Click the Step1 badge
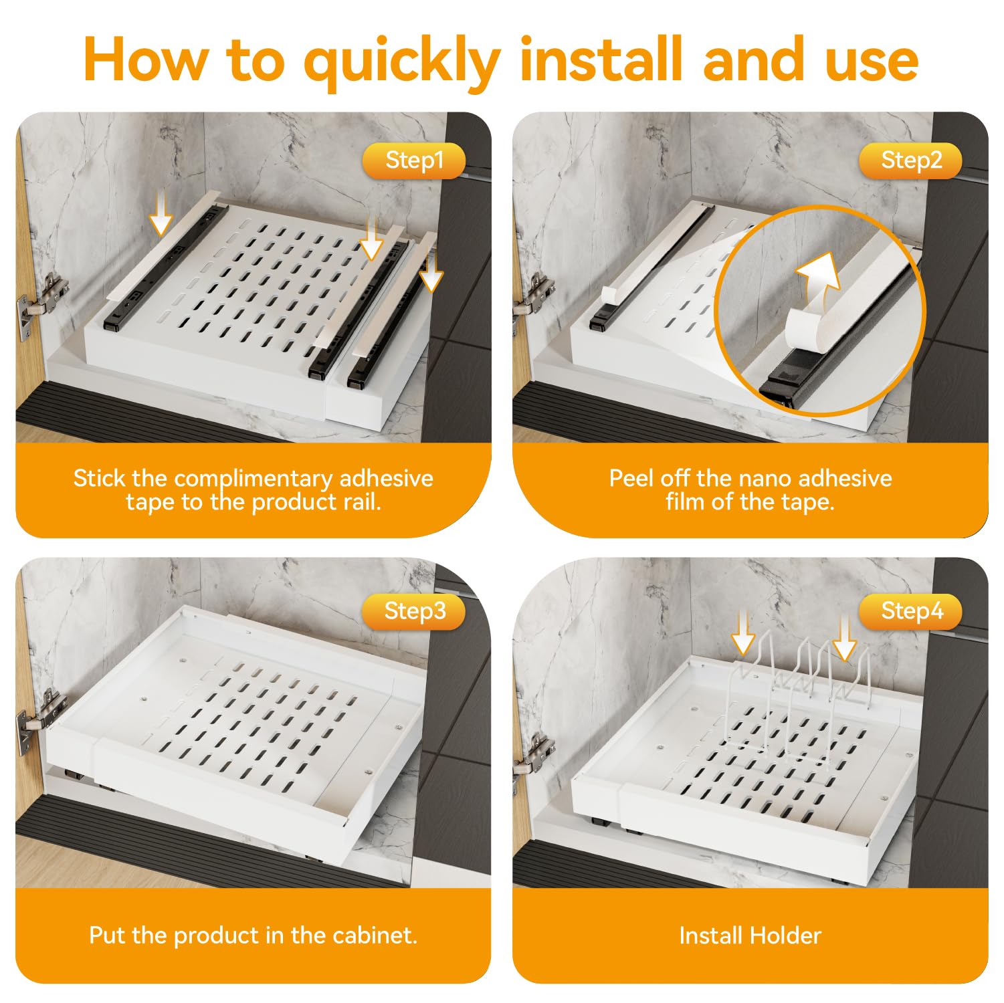tap(414, 160)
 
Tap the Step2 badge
tap(911, 160)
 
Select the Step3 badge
tap(414, 611)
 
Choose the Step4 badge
tap(911, 611)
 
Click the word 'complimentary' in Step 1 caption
tap(253, 479)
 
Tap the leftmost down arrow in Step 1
tap(160, 211)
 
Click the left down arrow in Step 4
tap(743, 633)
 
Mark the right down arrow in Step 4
tap(845, 637)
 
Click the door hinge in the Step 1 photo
tap(41, 302)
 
